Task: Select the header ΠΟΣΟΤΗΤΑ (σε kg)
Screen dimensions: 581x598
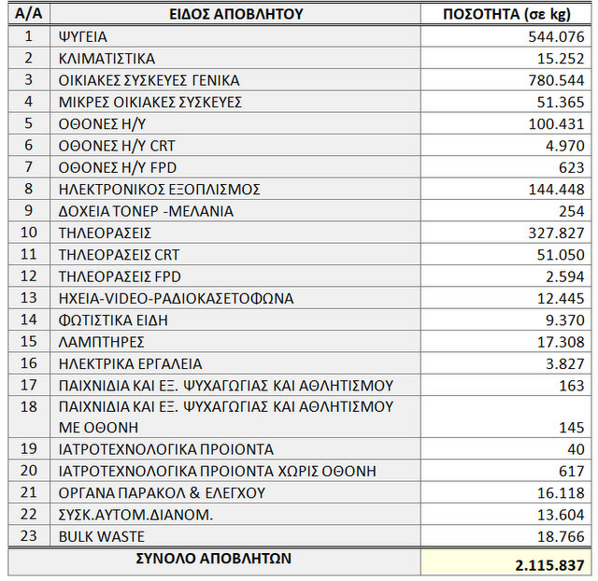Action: (x=505, y=14)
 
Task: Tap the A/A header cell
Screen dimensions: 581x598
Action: (x=28, y=14)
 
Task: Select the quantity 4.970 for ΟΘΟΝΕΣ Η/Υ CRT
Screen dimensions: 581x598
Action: (x=564, y=146)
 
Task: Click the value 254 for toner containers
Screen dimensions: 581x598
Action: (x=572, y=211)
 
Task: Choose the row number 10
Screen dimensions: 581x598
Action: (x=28, y=233)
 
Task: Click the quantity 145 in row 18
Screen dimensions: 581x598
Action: (x=572, y=427)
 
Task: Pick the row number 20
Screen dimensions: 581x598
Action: (x=28, y=471)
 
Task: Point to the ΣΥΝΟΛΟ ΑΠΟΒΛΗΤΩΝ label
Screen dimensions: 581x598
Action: (x=214, y=559)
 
